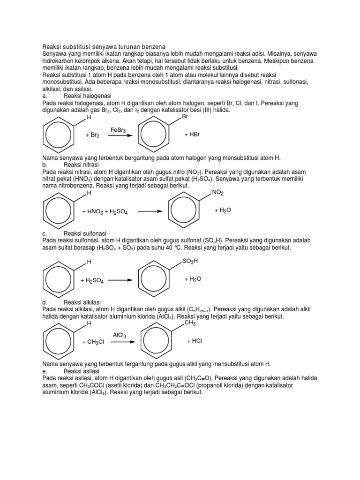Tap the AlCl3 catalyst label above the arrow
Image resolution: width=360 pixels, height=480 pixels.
click(120, 335)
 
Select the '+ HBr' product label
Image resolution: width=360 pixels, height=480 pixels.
click(192, 135)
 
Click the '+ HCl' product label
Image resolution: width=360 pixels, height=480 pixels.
click(194, 341)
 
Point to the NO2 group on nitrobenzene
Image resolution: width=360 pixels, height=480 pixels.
click(218, 193)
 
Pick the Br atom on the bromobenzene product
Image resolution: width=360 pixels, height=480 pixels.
click(184, 117)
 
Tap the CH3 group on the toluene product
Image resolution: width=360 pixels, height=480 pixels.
click(190, 323)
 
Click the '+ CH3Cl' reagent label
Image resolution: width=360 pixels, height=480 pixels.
click(94, 342)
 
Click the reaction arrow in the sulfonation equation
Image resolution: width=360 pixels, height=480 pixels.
click(120, 280)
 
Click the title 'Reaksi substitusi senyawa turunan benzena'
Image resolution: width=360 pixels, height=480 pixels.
click(104, 47)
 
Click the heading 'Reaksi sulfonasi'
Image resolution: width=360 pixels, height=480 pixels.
click(85, 233)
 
